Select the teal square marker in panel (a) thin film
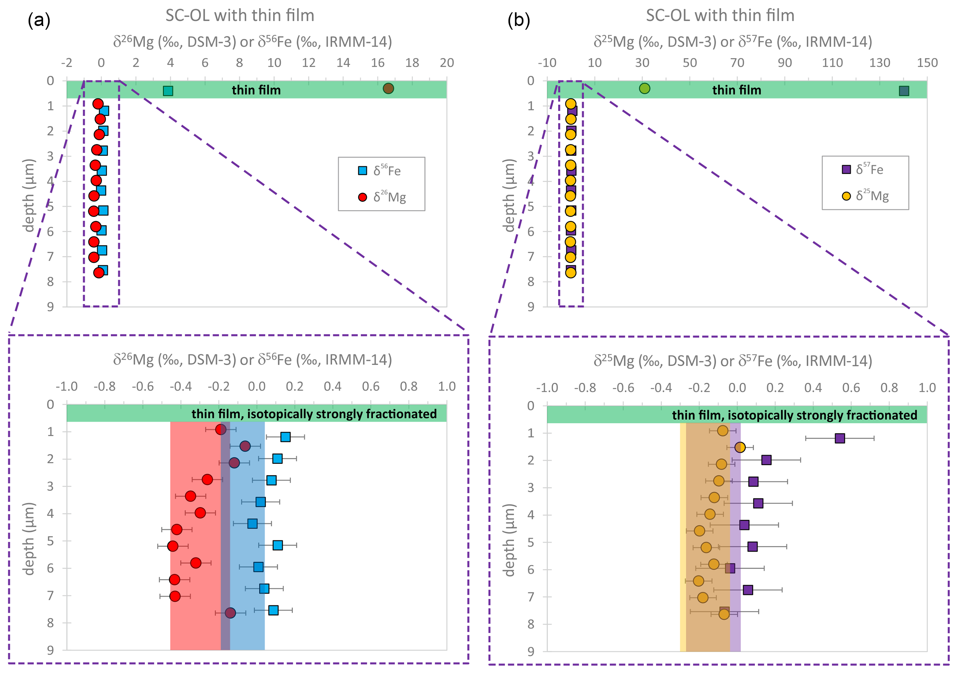(x=168, y=91)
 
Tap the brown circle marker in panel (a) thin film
(x=388, y=89)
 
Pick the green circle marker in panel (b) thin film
(x=645, y=89)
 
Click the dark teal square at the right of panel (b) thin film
(x=904, y=91)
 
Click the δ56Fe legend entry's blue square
(x=363, y=171)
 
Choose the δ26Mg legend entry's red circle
(x=363, y=197)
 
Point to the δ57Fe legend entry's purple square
(x=846, y=170)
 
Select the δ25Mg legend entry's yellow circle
(x=846, y=196)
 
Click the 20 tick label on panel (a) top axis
(x=446, y=63)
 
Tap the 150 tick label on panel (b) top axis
(x=927, y=63)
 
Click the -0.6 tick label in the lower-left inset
(x=143, y=387)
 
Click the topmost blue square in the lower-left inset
(x=285, y=437)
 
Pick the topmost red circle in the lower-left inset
(x=221, y=429)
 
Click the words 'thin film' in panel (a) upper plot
(x=256, y=90)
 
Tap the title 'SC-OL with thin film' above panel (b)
(x=720, y=16)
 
